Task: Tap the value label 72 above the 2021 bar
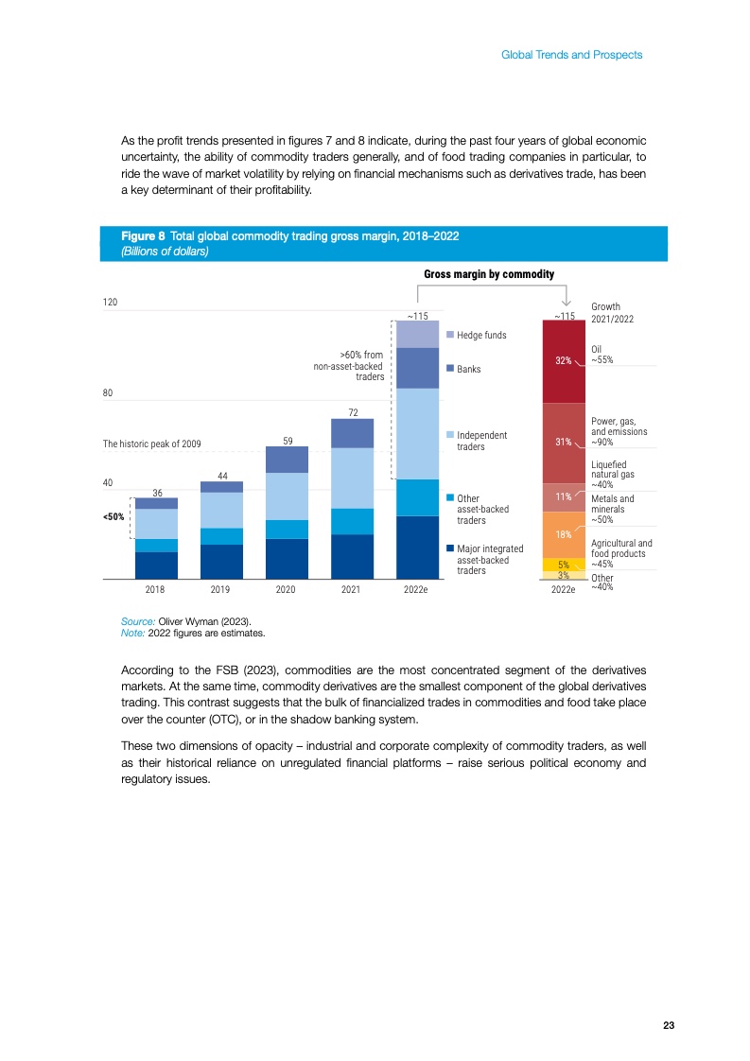point(352,412)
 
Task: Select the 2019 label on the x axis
point(221,588)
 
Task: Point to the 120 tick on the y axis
point(110,303)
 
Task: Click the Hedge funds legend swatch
point(450,335)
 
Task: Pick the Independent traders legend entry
point(482,441)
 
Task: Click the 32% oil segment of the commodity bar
point(564,360)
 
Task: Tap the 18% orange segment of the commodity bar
point(564,534)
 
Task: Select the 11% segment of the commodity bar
point(564,496)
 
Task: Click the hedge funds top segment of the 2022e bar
point(417,334)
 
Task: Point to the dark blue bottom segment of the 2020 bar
point(287,558)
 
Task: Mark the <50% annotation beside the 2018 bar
point(114,517)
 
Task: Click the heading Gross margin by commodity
point(488,273)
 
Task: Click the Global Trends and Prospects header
point(571,55)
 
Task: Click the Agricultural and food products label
point(620,548)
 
